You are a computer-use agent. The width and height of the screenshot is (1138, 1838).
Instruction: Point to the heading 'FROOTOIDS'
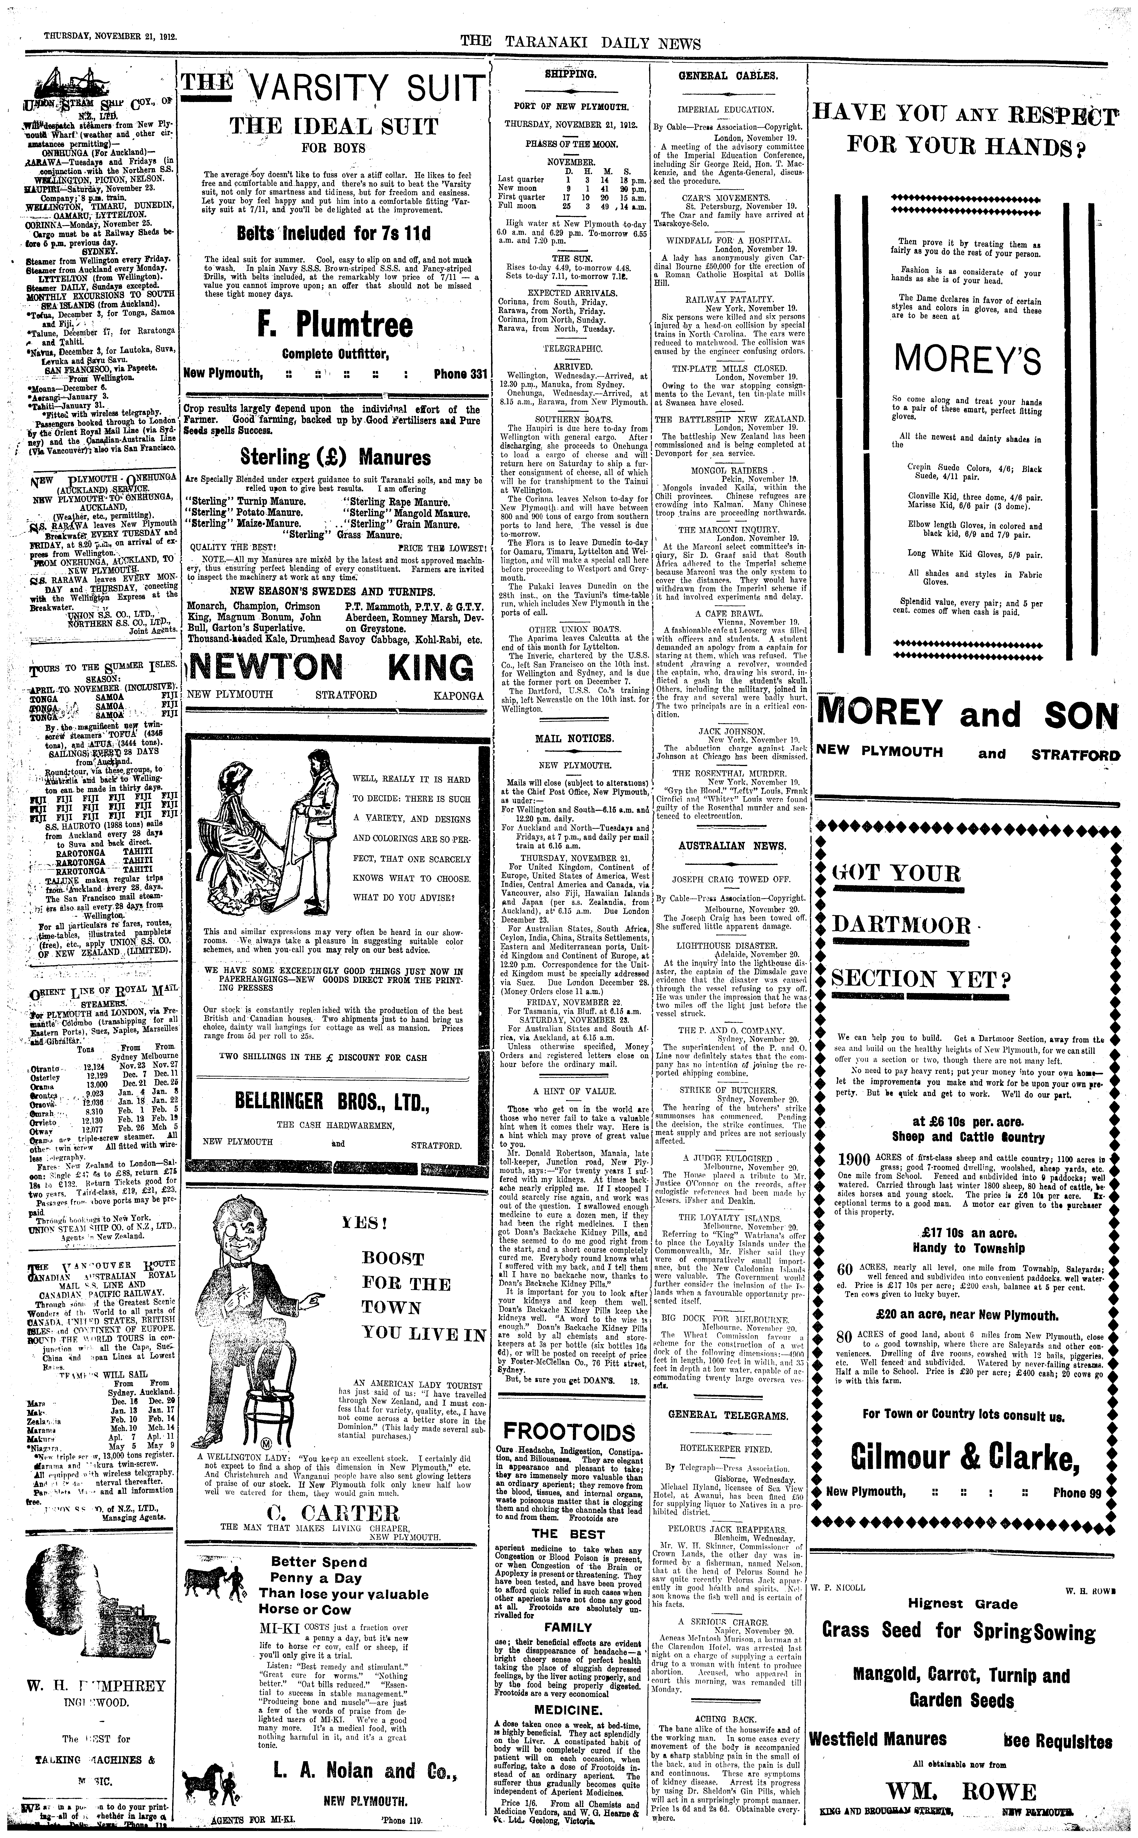(x=570, y=1431)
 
